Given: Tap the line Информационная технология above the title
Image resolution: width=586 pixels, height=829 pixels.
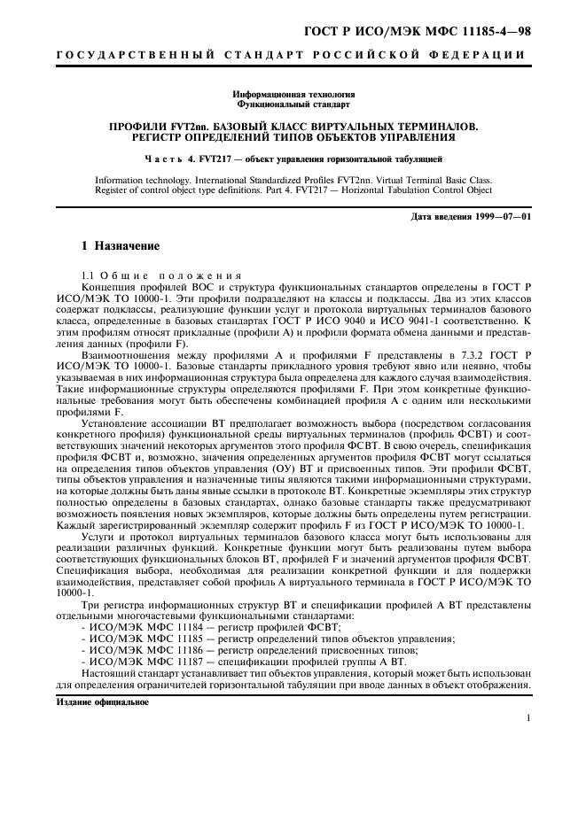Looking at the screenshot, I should pyautogui.click(x=293, y=93).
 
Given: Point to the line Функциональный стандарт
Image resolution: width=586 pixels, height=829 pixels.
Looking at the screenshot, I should pyautogui.click(x=293, y=103).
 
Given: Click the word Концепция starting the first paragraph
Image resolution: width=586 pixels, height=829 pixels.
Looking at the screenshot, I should pyautogui.click(x=110, y=288).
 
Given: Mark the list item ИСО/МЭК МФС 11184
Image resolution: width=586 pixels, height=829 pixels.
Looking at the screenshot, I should pyautogui.click(x=141, y=626).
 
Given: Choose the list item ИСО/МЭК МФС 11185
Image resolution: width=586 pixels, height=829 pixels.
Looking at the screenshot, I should pyautogui.click(x=141, y=637).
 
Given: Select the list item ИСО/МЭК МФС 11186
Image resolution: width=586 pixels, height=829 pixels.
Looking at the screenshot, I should pyautogui.click(x=141, y=648).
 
